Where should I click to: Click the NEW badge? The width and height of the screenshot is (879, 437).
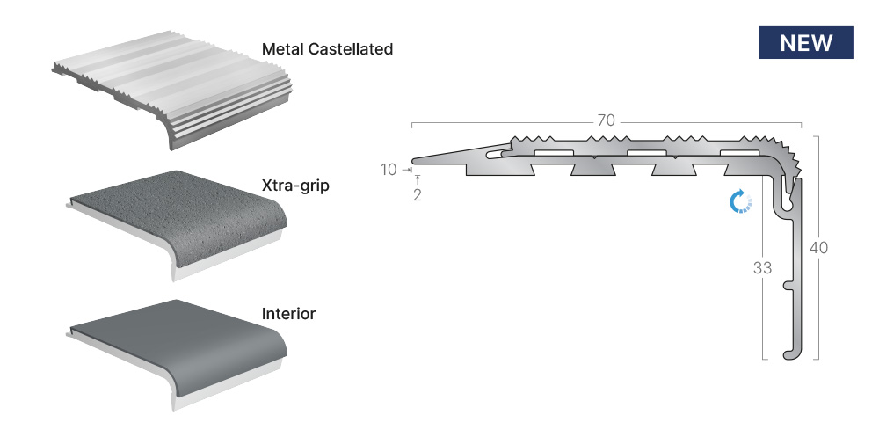coord(806,42)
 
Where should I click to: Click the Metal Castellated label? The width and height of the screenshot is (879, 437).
coord(327,49)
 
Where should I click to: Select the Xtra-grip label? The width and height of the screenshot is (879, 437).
coord(295,186)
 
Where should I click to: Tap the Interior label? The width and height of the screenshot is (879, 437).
coord(288,314)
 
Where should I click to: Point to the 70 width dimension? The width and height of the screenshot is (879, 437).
coord(606,120)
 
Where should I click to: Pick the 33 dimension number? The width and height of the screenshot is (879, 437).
coord(762,268)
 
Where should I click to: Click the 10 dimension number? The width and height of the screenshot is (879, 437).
coord(389,170)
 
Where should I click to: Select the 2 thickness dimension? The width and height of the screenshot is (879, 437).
coord(417,195)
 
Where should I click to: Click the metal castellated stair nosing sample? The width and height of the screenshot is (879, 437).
coord(173,89)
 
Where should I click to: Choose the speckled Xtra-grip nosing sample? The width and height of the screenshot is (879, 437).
coord(178,224)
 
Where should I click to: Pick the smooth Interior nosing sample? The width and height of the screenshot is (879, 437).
coord(178,353)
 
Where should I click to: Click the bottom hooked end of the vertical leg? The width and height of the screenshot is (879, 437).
coord(789,354)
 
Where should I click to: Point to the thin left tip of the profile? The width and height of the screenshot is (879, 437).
coord(416,162)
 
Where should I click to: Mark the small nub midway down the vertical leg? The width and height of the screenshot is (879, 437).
coord(788,286)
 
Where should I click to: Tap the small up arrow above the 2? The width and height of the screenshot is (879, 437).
coord(417,180)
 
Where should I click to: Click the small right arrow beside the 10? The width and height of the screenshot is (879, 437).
coord(407,170)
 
